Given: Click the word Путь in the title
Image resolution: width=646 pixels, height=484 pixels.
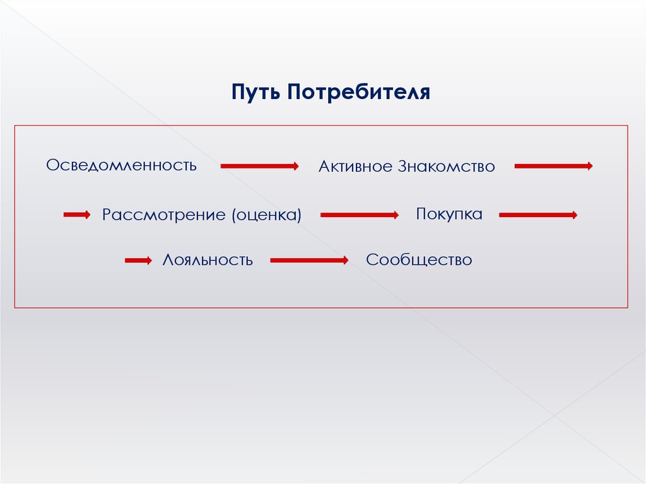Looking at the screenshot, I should pos(255,93).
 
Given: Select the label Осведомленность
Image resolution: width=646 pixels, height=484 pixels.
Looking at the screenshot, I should pos(121,165).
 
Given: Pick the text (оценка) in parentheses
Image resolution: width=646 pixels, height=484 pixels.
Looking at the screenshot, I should pos(266,215).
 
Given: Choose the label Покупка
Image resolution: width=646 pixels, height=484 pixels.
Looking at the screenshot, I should pos(449,214).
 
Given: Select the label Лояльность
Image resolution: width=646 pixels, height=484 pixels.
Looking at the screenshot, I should pos(208,260).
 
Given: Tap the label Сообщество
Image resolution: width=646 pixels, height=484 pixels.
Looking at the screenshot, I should pos(418,260).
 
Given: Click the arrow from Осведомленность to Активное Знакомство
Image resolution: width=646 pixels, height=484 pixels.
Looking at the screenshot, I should pos(259,166).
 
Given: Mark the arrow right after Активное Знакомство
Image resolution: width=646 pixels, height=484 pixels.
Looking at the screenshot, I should pos(553,166).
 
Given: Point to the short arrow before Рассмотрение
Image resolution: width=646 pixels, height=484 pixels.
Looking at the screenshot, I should pos(76,215).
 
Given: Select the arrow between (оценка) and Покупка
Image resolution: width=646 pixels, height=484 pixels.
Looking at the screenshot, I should pos(358,215).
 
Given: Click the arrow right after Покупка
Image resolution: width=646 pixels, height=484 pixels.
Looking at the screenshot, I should pos(537,215).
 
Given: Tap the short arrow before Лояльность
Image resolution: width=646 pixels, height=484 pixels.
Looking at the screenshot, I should pos(138,260).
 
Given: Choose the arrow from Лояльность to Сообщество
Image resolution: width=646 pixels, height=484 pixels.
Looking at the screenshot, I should pos(308,260).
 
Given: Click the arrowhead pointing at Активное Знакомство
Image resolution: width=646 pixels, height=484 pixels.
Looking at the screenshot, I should pos(295,166).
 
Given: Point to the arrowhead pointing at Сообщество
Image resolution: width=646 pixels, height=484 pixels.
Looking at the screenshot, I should pos(344,260).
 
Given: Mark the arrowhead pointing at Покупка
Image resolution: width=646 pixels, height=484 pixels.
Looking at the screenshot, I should pos(395,215).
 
